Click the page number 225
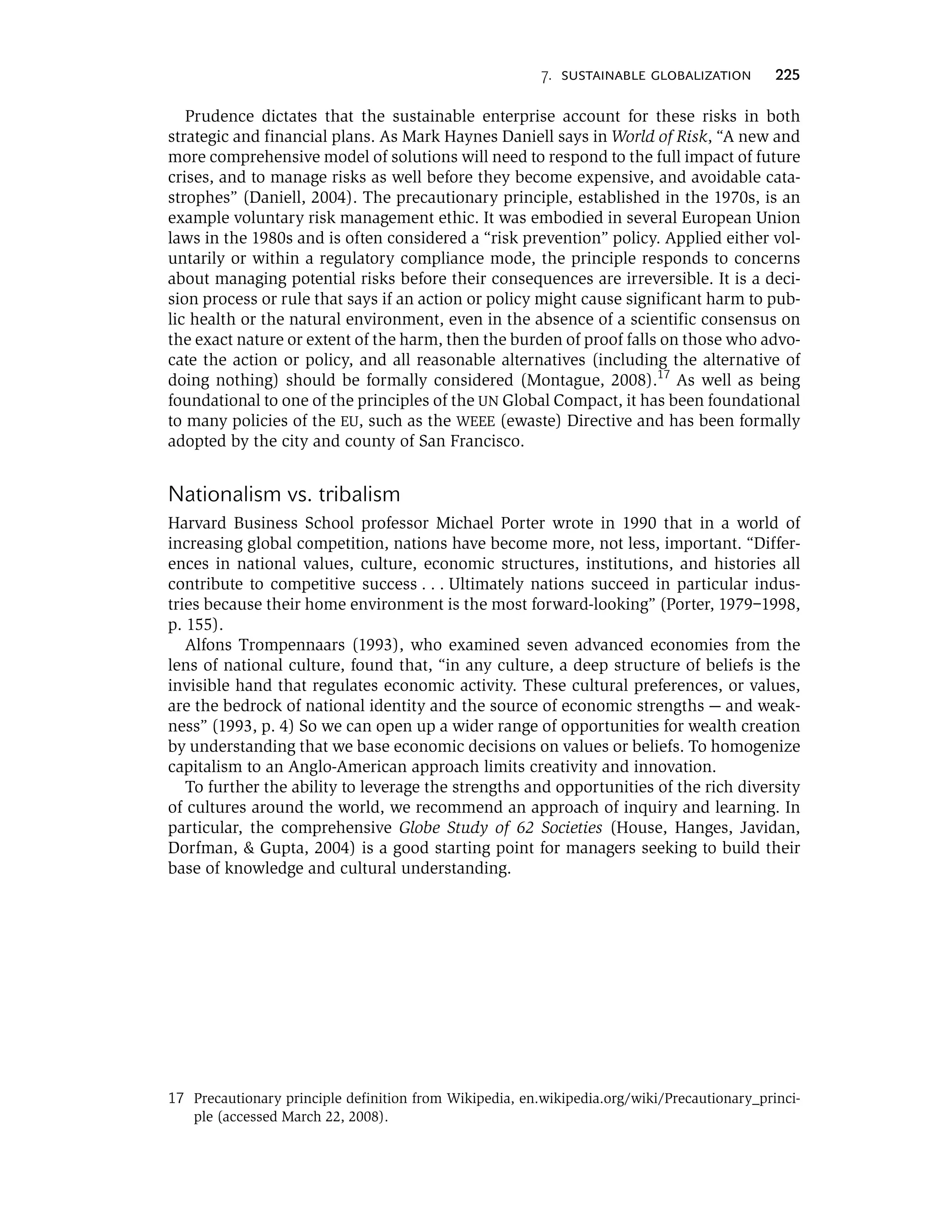tap(787, 76)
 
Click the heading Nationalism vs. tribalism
tap(284, 494)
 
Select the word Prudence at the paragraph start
tap(219, 117)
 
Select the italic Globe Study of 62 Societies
tap(500, 828)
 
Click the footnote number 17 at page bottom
tap(176, 1099)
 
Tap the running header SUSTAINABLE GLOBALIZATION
tap(656, 76)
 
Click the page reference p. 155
tap(194, 625)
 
